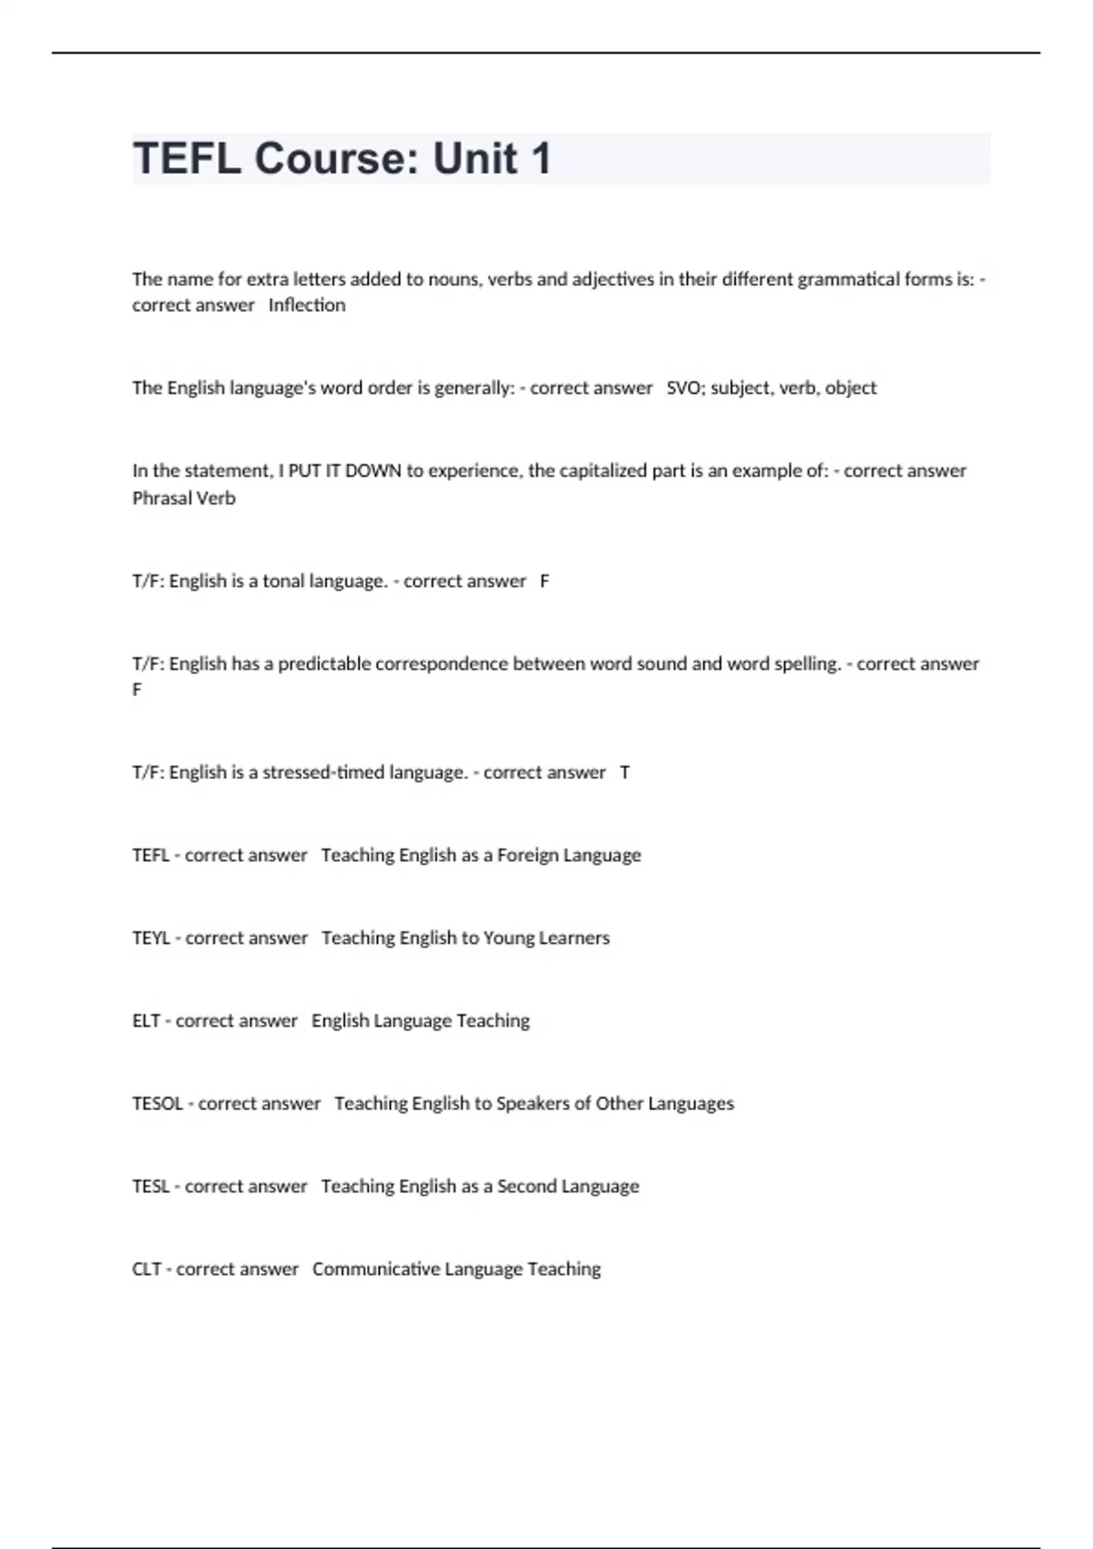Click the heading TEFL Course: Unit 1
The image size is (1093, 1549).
click(x=342, y=159)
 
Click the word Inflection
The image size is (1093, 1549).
click(x=307, y=305)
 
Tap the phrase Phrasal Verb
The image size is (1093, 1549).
click(x=184, y=498)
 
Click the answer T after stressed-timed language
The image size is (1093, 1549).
click(x=625, y=773)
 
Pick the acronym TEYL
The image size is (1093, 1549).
click(x=151, y=939)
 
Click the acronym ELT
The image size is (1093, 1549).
click(x=146, y=1021)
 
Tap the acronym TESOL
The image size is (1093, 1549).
click(x=158, y=1103)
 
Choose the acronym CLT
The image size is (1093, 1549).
click(x=147, y=1269)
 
